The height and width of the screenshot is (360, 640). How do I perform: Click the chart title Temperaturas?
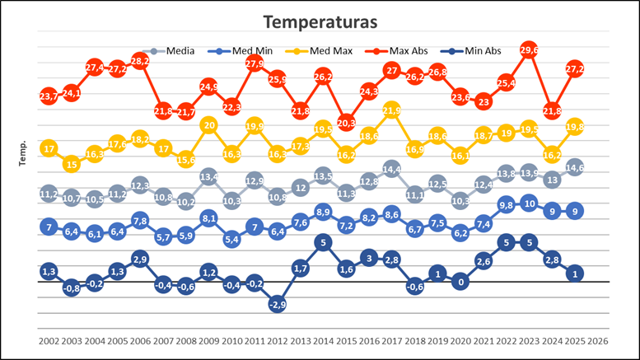(x=320, y=21)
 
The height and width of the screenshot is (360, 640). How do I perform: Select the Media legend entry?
(x=180, y=51)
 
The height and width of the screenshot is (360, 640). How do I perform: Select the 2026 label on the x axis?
(x=597, y=340)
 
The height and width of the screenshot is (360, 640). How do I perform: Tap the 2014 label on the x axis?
(x=324, y=340)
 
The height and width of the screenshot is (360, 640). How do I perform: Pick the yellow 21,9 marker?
(x=392, y=110)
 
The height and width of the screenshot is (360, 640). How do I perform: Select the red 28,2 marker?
(x=141, y=62)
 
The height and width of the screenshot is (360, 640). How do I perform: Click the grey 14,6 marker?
(x=575, y=168)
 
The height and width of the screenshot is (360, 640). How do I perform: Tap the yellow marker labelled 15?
(x=72, y=164)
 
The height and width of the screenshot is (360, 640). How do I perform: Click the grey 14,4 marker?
(x=392, y=170)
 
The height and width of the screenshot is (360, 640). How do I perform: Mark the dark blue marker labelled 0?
(x=460, y=281)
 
